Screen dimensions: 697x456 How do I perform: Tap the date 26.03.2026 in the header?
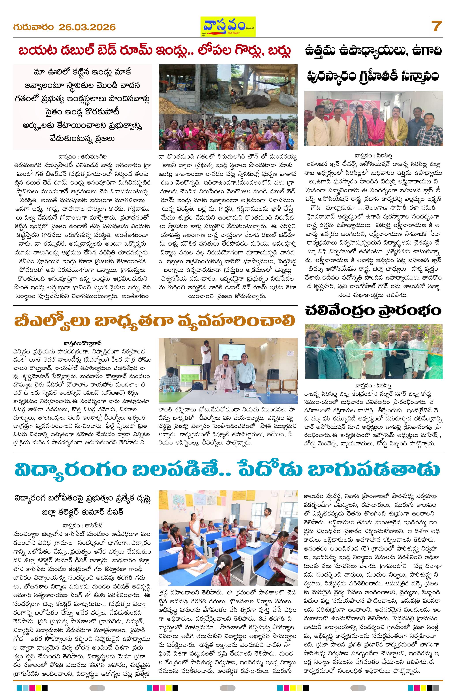(x=87, y=28)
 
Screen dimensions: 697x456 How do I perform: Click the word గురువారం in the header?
(x=33, y=27)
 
